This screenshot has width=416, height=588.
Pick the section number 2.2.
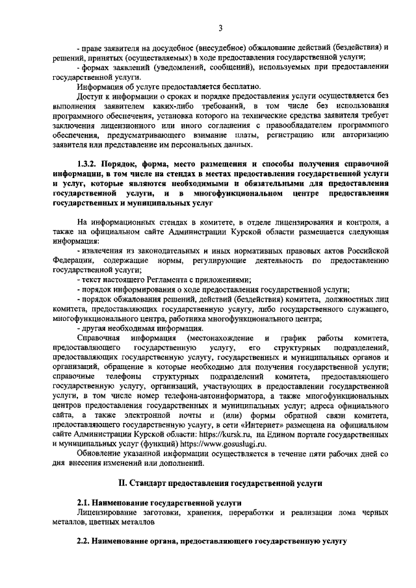84,541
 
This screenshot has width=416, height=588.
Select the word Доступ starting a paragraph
92,97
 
